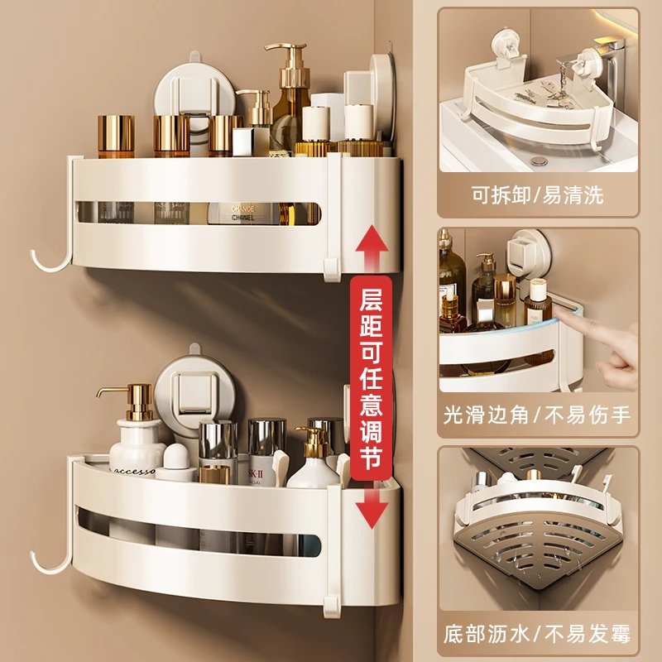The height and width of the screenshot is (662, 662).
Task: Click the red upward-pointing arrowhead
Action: click(371, 239)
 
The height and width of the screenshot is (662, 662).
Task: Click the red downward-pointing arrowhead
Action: click(372, 514)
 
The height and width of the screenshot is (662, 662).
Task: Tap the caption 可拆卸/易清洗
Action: click(537, 195)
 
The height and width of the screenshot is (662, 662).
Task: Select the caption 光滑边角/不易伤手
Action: click(537, 415)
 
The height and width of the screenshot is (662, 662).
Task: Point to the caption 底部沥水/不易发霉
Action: click(537, 634)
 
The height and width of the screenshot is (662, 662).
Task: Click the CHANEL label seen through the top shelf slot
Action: click(242, 213)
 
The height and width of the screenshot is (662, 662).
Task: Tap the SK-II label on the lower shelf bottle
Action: click(256, 473)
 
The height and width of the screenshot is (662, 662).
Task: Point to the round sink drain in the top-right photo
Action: click(539, 161)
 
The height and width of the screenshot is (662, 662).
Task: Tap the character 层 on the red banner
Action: click(371, 299)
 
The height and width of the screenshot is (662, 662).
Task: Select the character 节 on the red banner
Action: click(371, 458)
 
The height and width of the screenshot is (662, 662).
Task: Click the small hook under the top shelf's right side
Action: click(332, 271)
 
